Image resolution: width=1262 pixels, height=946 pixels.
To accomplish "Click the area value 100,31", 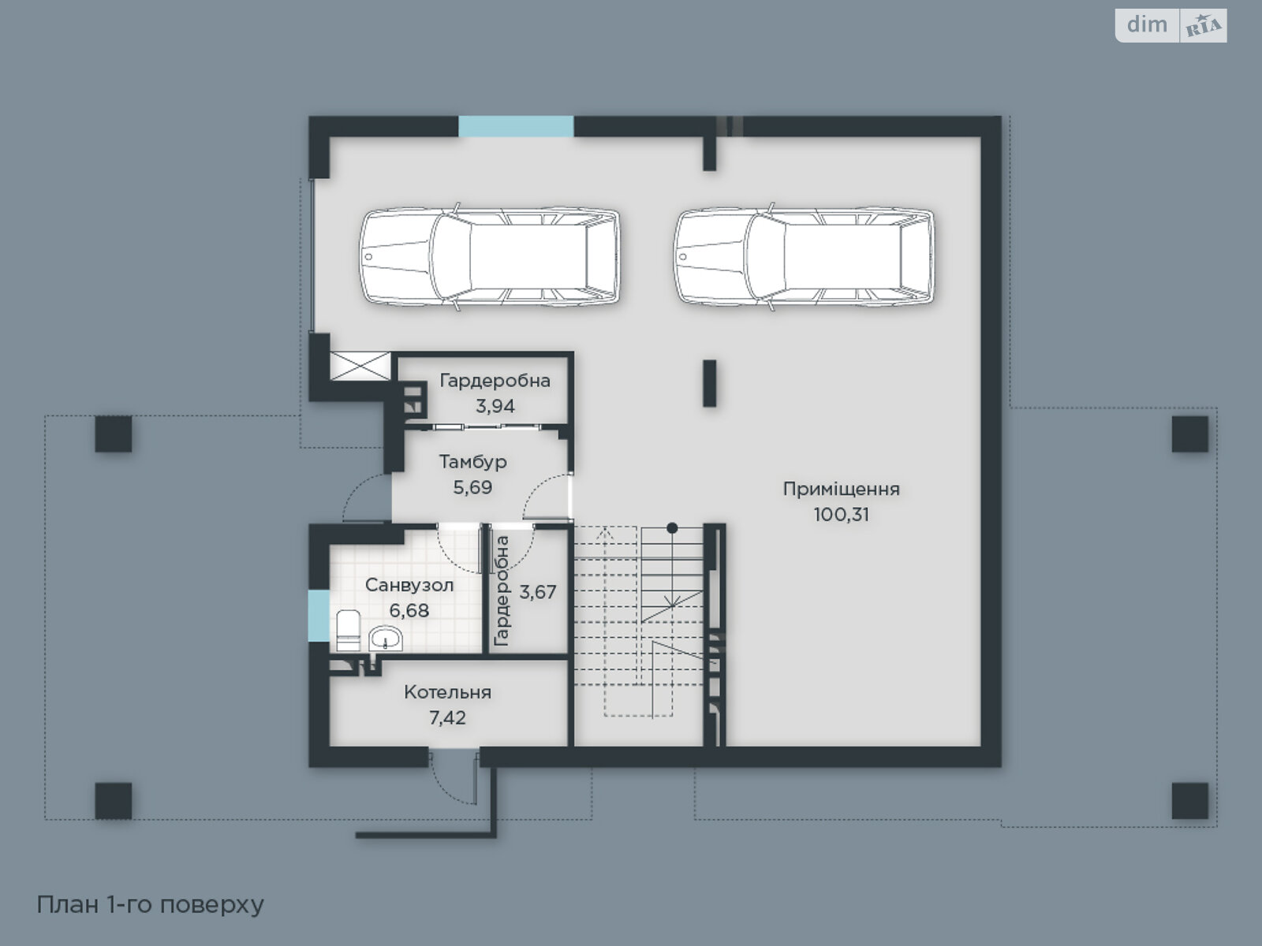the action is click(841, 514).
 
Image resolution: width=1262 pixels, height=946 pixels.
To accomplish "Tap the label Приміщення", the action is click(841, 489).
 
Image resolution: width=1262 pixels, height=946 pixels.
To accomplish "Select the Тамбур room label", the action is click(472, 462).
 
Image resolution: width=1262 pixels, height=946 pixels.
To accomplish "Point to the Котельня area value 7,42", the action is click(447, 717).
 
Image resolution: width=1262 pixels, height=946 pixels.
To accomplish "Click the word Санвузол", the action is click(409, 585).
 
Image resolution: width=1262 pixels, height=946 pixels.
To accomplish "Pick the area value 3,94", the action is click(495, 406).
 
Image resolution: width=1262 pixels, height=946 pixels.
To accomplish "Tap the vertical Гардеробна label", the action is click(502, 591).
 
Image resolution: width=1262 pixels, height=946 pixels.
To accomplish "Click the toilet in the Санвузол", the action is click(348, 630).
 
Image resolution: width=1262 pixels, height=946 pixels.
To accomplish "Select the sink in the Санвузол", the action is click(385, 638).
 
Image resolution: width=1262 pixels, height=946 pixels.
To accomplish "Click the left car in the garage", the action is click(489, 256).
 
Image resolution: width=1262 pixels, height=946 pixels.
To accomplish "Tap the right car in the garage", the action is click(804, 256).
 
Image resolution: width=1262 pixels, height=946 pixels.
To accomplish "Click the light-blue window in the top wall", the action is click(516, 126).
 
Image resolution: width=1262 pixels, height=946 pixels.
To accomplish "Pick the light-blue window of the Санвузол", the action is click(319, 616).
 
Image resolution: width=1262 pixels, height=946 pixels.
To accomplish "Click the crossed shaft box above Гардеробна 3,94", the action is click(360, 366).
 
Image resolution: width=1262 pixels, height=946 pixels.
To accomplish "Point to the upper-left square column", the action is click(114, 434).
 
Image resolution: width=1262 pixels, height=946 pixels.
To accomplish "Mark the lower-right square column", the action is click(1190, 801).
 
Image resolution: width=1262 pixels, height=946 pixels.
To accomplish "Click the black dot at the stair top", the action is click(671, 528).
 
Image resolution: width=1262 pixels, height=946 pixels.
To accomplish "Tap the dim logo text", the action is click(1147, 24).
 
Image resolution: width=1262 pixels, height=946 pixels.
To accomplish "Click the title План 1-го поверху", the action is click(151, 905).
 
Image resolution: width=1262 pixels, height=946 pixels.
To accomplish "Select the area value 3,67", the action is click(538, 591).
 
